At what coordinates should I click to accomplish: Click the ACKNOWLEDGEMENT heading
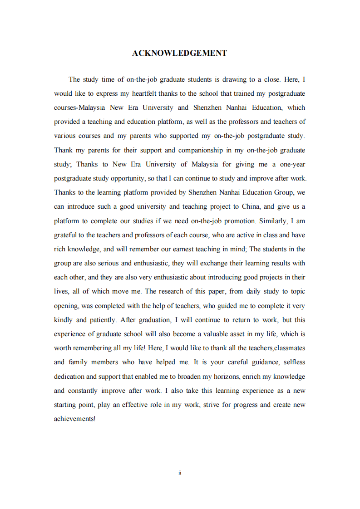click(179, 53)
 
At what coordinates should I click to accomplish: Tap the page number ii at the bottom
click(180, 473)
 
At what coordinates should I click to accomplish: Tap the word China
click(250, 206)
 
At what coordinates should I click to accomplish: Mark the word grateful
click(66, 235)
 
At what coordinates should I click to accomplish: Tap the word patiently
click(102, 320)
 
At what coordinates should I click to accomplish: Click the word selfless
click(294, 362)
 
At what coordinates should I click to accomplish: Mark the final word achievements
click(74, 419)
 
